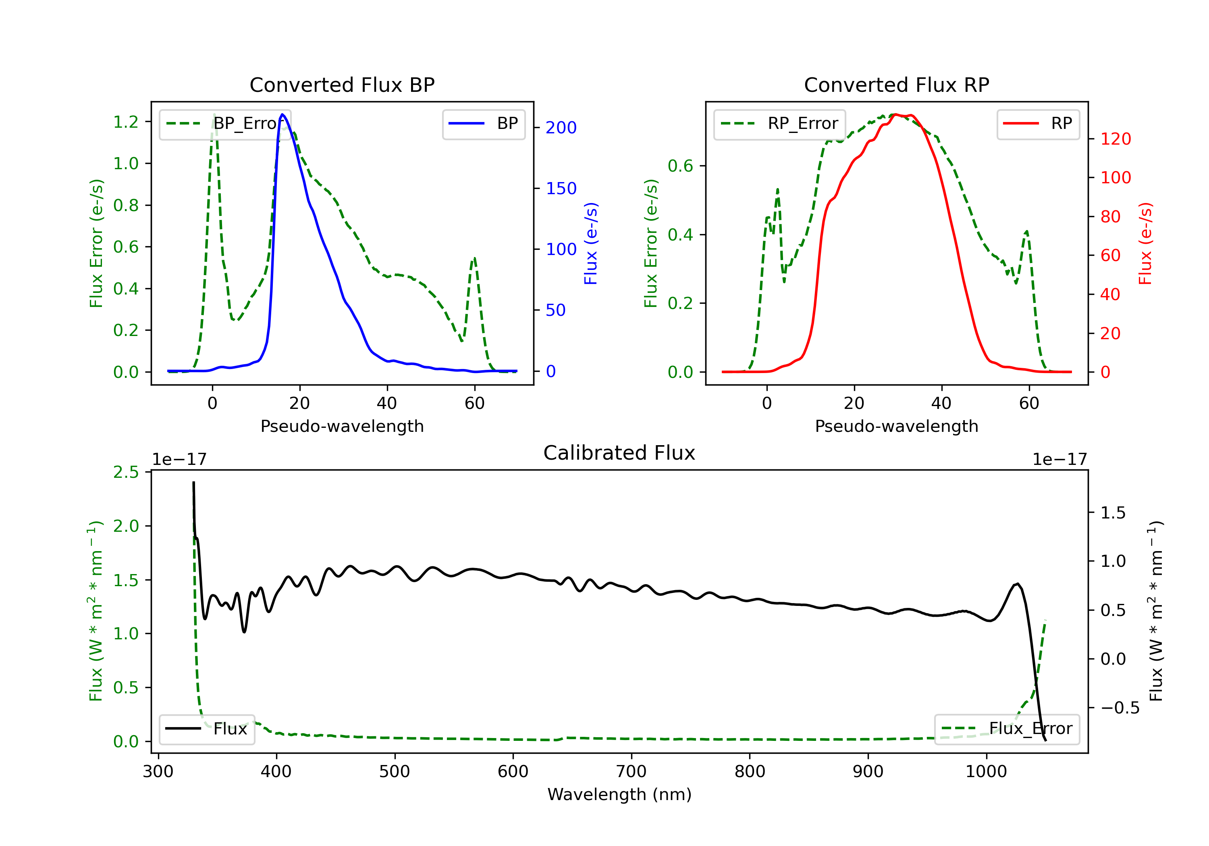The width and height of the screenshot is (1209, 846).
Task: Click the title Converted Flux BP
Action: pos(342,85)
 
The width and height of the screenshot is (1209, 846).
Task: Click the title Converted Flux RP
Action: pos(896,85)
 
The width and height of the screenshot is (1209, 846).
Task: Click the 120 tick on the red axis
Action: pos(1115,139)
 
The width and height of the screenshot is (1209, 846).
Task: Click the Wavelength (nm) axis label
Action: pos(619,794)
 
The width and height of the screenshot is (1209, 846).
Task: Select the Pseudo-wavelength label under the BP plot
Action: pos(342,426)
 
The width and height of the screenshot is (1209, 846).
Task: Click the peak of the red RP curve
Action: pos(896,115)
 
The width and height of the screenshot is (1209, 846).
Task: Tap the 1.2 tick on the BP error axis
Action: pos(126,122)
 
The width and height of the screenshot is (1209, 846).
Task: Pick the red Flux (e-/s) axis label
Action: pos(1145,243)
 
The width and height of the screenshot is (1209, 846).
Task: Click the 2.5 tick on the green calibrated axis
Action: pos(126,472)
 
